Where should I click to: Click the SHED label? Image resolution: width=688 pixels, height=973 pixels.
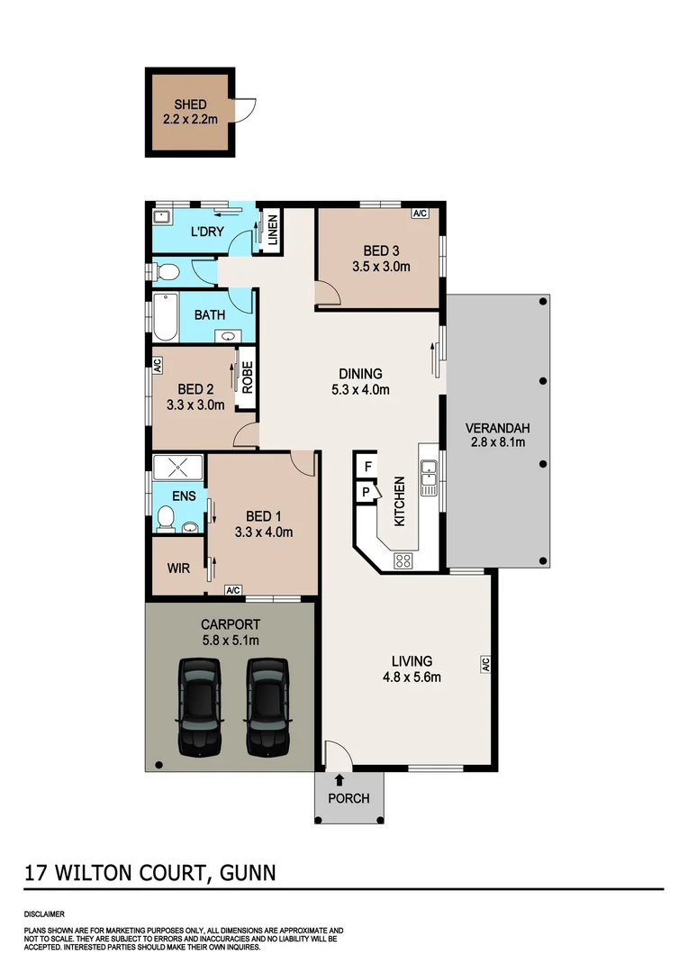coord(190,105)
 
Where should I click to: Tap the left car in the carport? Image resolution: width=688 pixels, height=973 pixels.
coord(198,705)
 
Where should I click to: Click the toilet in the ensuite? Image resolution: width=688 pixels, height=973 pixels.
coord(165,517)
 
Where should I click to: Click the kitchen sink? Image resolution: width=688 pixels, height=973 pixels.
coord(430,477)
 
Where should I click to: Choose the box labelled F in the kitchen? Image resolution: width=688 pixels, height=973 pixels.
coord(367,467)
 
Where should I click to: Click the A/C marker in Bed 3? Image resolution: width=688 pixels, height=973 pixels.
coord(420,214)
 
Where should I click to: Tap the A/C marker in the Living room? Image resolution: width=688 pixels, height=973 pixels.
coord(484,664)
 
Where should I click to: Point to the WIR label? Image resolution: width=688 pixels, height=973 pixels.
coord(177,568)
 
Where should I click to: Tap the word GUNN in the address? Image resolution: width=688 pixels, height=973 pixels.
coord(246,872)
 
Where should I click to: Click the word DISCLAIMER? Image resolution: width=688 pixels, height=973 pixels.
coord(44,913)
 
